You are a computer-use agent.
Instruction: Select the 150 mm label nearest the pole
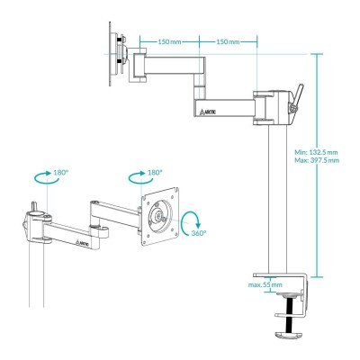pos(227,41)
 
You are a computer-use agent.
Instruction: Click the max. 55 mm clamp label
pos(265,284)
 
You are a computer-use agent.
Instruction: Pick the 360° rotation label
pos(198,233)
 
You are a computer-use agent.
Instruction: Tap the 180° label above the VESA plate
pos(154,171)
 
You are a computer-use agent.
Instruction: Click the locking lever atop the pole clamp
pos(296,102)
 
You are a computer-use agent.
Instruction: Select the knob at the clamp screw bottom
pos(289,337)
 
